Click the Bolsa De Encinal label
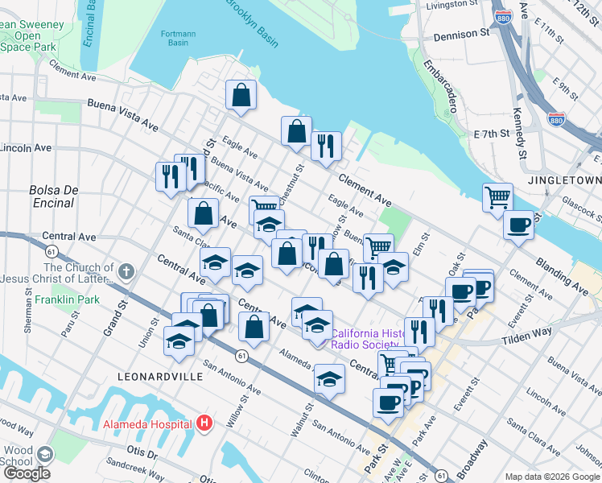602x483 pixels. pos(54,196)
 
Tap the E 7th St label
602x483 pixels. pos(492,133)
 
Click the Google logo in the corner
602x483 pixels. pos(27,473)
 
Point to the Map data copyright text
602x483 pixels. pos(552,477)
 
